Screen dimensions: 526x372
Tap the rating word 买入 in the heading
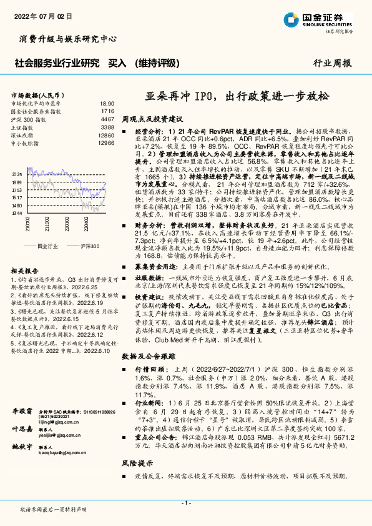click(117, 62)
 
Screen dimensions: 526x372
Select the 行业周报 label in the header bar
click(332, 63)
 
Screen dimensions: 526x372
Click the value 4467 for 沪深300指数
click(107, 119)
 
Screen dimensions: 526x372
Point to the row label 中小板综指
click(26, 143)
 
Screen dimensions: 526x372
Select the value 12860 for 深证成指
click(105, 135)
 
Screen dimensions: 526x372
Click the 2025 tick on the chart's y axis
click(17, 175)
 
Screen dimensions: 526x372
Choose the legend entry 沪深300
click(90, 247)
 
